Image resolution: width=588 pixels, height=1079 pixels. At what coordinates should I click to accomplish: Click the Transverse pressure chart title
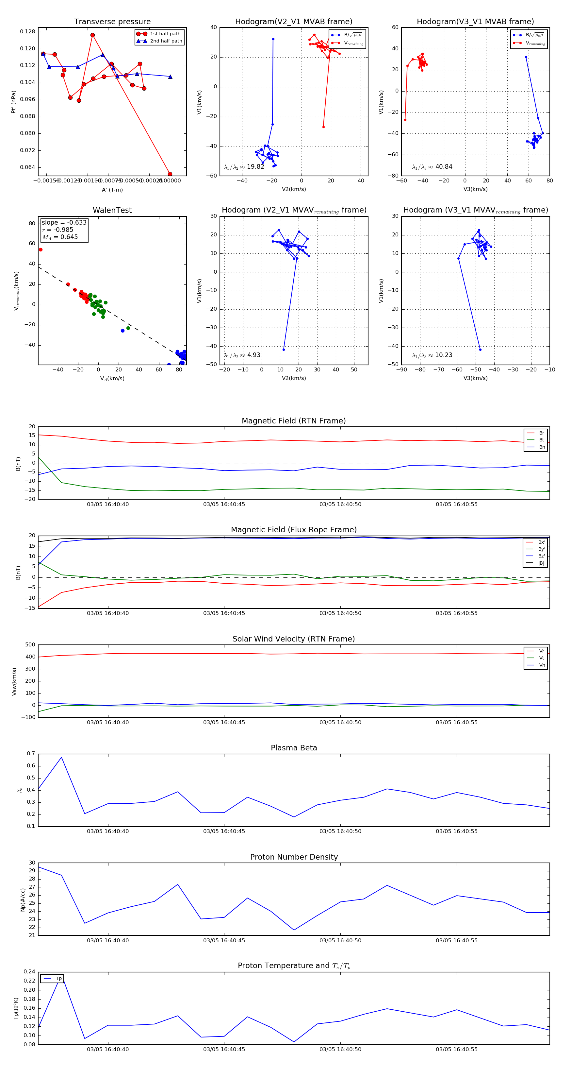pos(112,22)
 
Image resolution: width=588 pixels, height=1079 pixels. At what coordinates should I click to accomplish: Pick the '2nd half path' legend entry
pos(166,41)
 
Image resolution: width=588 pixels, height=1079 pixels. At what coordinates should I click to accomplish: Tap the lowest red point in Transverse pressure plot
pos(170,174)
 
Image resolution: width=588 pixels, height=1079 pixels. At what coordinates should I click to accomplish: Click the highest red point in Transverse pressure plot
pos(92,35)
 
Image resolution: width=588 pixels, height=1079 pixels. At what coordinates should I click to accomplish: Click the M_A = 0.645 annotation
pos(60,237)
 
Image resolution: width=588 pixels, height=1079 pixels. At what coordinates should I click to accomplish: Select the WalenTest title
pos(112,210)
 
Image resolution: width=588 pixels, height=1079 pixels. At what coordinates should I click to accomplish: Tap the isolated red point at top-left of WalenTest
pos(41,250)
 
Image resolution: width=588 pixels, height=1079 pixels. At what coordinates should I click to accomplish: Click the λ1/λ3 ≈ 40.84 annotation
pos(432,167)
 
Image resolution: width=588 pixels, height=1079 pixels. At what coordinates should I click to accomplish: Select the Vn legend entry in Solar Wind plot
pos(542,665)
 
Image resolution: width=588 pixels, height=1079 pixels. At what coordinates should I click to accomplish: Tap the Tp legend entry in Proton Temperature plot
pos(58,979)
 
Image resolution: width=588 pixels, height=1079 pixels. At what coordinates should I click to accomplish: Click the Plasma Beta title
pos(294,748)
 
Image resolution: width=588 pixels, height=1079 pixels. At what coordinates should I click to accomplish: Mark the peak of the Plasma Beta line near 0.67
pos(61,757)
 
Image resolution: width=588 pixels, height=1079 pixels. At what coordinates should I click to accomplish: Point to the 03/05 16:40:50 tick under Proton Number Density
pos(340,940)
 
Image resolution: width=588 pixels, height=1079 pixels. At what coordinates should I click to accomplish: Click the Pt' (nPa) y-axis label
pos(13,102)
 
